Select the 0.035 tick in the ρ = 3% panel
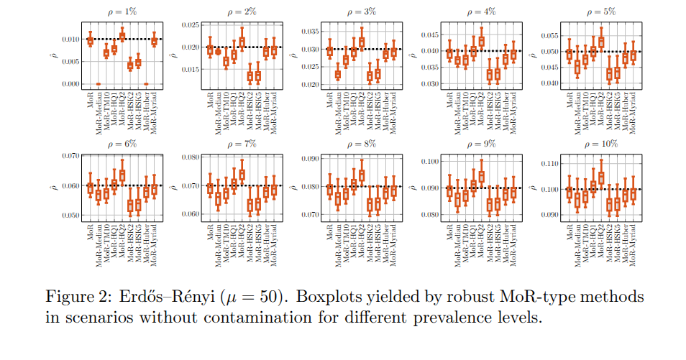308,32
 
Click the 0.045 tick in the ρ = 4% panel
426,34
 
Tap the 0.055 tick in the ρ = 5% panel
544,35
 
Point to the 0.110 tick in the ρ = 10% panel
544,165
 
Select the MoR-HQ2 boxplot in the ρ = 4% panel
481,40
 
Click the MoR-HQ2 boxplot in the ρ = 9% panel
481,175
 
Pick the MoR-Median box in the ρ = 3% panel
337,74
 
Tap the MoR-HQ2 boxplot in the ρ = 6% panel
122,174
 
